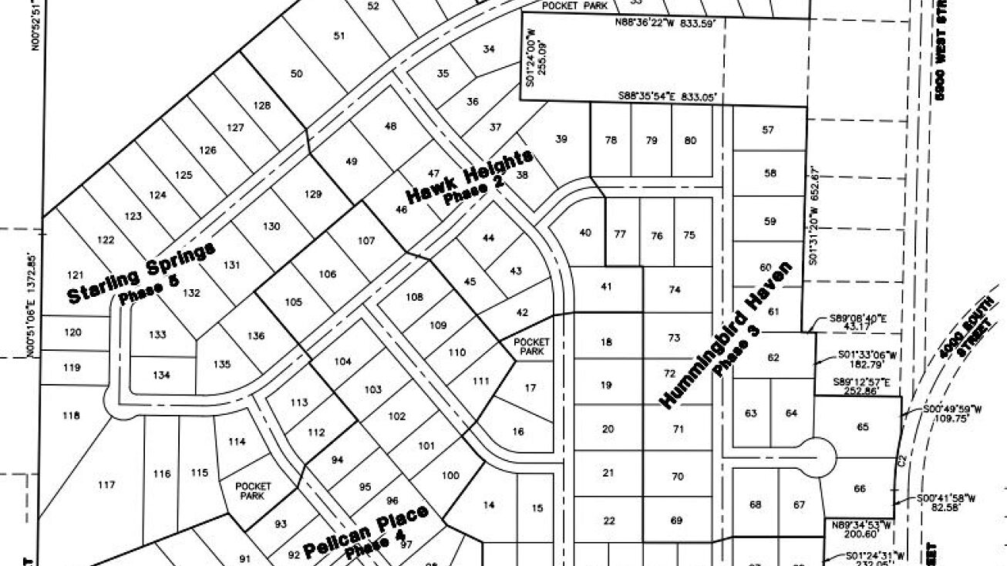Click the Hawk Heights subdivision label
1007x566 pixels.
(x=469, y=178)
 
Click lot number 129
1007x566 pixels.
(x=312, y=194)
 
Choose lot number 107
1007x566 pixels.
(x=366, y=240)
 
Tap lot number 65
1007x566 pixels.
(x=862, y=426)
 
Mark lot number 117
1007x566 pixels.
(x=106, y=485)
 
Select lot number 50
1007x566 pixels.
(x=297, y=74)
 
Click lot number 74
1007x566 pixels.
(x=675, y=290)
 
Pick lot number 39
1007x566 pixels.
(x=561, y=140)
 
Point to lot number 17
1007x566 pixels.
(x=530, y=389)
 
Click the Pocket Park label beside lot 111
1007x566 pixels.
(x=531, y=346)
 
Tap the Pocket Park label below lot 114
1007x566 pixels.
(x=254, y=491)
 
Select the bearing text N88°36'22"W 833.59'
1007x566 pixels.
(x=665, y=24)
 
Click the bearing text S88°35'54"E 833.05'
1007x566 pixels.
(x=668, y=97)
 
